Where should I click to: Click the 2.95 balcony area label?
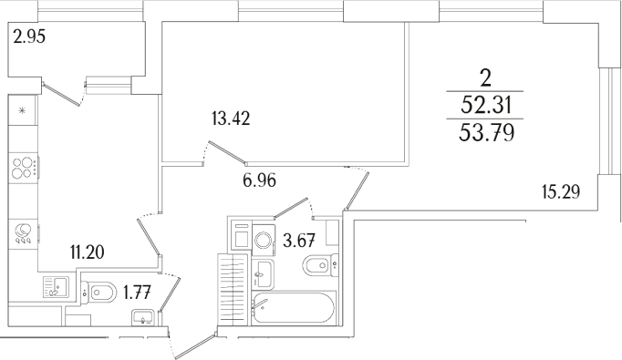coord(29,37)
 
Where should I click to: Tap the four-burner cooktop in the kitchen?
coord(24,169)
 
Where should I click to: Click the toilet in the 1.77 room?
coord(100,292)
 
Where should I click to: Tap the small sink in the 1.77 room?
coord(143,318)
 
